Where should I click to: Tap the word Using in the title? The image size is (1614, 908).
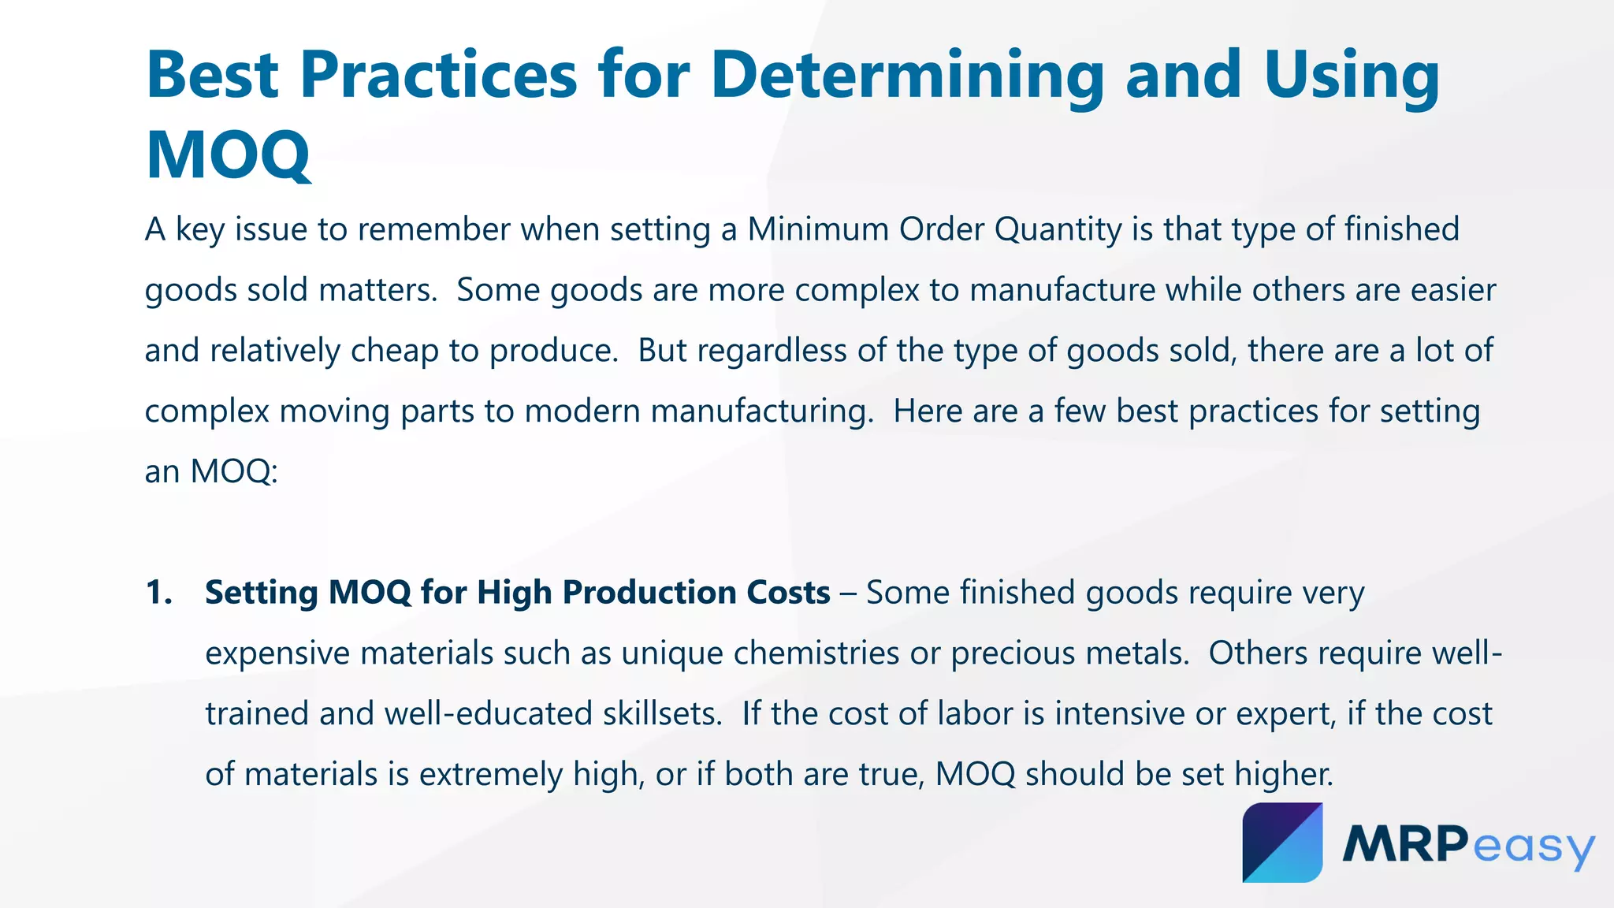1352,75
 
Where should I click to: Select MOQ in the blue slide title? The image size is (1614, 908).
229,155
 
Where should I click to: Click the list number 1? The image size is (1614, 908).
158,593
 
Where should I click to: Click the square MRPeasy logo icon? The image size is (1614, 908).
1282,843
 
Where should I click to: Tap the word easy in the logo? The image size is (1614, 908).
1534,848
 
